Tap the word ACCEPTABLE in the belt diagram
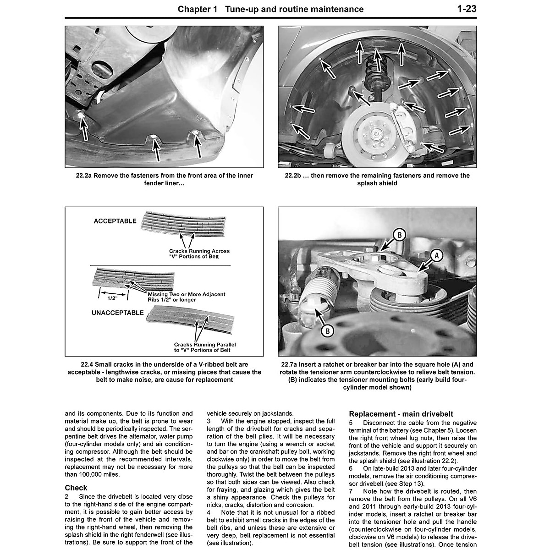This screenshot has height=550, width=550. coord(115,221)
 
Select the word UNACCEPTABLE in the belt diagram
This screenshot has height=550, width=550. coord(118,313)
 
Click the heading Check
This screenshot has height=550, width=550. coord(76,488)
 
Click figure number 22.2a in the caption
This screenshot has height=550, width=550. coord(82,176)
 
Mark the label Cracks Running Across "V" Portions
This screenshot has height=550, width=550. coord(199,253)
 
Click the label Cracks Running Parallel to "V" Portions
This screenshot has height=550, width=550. coord(202,347)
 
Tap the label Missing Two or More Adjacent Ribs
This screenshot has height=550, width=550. coord(187,297)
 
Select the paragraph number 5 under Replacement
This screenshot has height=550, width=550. coord(351,423)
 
